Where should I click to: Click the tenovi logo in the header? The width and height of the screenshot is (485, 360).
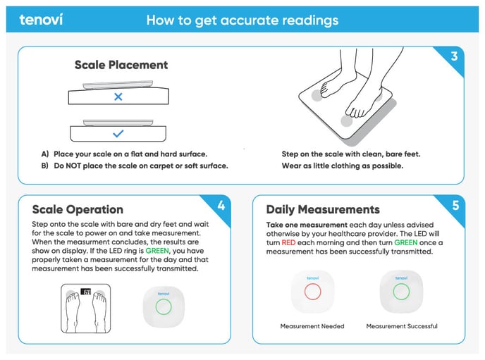(x=41, y=20)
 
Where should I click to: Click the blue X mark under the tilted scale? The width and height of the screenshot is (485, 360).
(x=118, y=97)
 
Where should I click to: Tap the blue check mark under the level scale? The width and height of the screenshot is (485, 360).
(x=118, y=133)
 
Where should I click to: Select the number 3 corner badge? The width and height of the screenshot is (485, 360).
(x=454, y=56)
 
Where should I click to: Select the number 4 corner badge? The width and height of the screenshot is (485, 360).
(x=221, y=206)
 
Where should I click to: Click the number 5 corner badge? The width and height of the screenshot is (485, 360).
(x=455, y=206)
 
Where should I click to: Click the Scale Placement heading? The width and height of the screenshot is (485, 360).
(x=121, y=65)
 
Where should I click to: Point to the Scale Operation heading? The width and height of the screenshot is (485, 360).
(x=78, y=209)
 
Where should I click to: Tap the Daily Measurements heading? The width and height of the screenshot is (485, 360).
(x=323, y=209)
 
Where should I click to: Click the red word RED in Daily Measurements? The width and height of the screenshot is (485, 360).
(x=288, y=242)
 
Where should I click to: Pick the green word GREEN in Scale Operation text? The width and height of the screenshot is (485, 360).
(x=157, y=251)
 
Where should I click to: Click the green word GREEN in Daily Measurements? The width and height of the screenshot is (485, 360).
(x=406, y=242)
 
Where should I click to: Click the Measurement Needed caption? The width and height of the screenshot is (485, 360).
(x=312, y=326)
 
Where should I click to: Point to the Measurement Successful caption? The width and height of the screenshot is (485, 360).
(x=402, y=326)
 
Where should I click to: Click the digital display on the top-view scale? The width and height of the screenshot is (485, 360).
(x=86, y=292)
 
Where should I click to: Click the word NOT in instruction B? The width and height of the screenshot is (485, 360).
(x=73, y=166)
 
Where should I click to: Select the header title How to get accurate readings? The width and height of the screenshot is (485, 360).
(x=242, y=20)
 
